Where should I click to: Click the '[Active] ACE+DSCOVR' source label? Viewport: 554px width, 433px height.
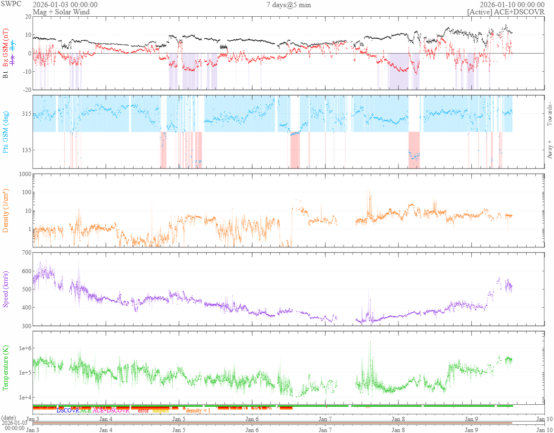tap(506, 12)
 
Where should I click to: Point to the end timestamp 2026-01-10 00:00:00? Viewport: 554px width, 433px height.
tap(512, 5)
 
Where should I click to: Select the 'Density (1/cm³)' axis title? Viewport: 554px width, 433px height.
tap(6, 211)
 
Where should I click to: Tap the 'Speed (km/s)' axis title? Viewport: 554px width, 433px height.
tap(6, 289)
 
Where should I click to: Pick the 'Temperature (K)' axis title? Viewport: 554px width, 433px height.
tap(6, 367)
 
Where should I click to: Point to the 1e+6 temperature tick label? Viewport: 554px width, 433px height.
tap(23, 348)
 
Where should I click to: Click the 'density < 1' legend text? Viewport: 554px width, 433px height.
tap(198, 411)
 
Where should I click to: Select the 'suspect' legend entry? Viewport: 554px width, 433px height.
tap(161, 411)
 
